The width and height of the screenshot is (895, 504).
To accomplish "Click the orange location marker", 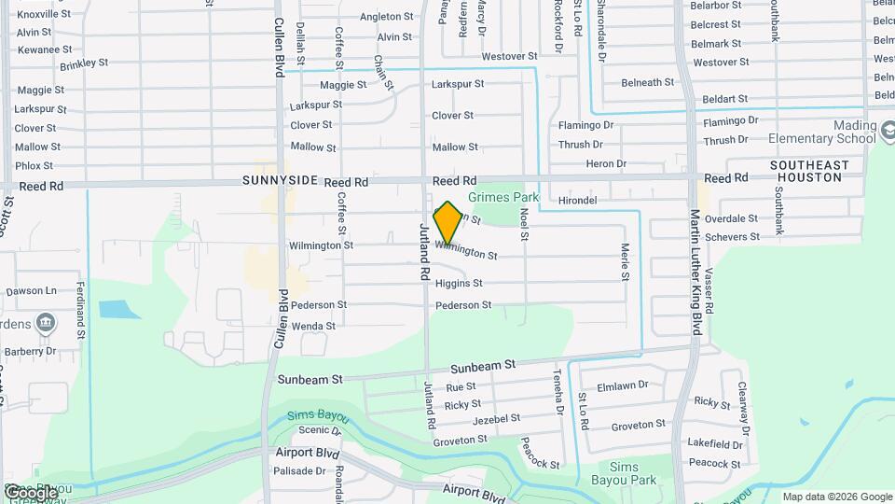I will tap(447, 223).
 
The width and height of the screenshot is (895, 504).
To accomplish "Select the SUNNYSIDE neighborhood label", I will tap(281, 180).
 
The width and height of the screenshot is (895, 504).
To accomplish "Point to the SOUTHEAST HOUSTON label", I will tap(809, 171).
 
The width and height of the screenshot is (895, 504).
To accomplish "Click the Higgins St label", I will tap(459, 283).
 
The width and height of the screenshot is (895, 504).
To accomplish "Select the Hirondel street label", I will tap(577, 201).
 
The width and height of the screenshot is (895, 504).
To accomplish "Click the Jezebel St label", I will tap(496, 420).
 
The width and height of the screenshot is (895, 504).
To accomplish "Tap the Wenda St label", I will tap(313, 326).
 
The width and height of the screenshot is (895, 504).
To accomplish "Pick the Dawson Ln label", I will tap(32, 291).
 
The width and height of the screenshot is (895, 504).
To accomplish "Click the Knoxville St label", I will tap(43, 14).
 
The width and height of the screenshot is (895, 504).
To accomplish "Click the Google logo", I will tap(30, 492).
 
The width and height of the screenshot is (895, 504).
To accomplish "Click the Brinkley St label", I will tap(84, 64).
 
